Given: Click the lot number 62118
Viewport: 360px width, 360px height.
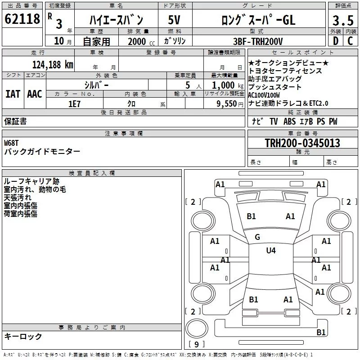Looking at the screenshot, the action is (x=22, y=19).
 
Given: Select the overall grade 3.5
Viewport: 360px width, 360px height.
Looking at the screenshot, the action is (x=342, y=21).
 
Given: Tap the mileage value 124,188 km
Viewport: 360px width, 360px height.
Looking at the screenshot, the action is (x=53, y=64).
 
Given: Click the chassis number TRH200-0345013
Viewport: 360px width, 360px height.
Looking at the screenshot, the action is (x=302, y=143).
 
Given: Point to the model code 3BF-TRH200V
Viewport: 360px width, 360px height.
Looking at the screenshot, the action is (x=258, y=41).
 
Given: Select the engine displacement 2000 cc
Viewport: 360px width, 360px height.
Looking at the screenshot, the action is (x=137, y=41).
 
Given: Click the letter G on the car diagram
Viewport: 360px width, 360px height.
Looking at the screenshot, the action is (x=257, y=237).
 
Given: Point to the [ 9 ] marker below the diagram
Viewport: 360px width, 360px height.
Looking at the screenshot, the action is (x=196, y=344).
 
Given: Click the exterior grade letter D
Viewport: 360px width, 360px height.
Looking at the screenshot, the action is (x=335, y=41).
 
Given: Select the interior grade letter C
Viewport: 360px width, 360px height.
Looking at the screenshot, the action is (x=350, y=41).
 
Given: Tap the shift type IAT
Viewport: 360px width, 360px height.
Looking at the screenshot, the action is (x=13, y=94).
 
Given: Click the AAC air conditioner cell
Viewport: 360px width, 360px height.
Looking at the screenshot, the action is (x=35, y=94).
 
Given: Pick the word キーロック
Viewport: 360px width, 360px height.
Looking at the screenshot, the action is (x=23, y=336).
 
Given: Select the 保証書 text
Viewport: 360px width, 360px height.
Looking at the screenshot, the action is (x=15, y=121).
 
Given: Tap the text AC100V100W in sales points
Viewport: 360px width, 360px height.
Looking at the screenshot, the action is (x=264, y=95).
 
